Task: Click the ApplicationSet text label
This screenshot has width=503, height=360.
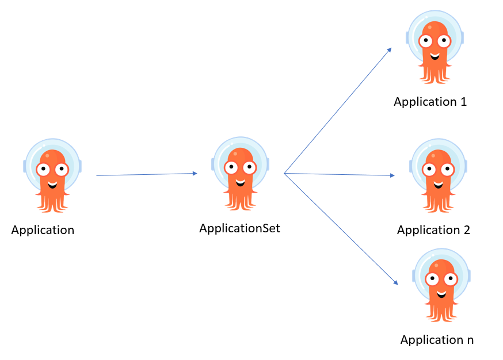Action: [239, 228]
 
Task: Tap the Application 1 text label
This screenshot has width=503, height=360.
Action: [430, 102]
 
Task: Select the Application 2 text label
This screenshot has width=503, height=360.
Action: [433, 230]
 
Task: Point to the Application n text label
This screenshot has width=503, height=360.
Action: [437, 339]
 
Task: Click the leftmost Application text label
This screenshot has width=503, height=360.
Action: [43, 230]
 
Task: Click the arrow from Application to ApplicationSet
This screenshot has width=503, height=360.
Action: [147, 174]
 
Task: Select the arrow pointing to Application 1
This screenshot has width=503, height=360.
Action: [338, 110]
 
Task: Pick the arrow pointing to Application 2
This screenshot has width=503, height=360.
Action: [340, 174]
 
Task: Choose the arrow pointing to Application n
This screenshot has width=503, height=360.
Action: [341, 228]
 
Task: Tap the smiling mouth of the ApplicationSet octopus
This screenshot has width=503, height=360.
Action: [240, 183]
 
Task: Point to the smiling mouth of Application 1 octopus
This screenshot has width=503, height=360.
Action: [435, 56]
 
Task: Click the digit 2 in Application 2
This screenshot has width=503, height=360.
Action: [466, 230]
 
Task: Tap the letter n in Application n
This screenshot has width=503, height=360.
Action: [470, 340]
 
